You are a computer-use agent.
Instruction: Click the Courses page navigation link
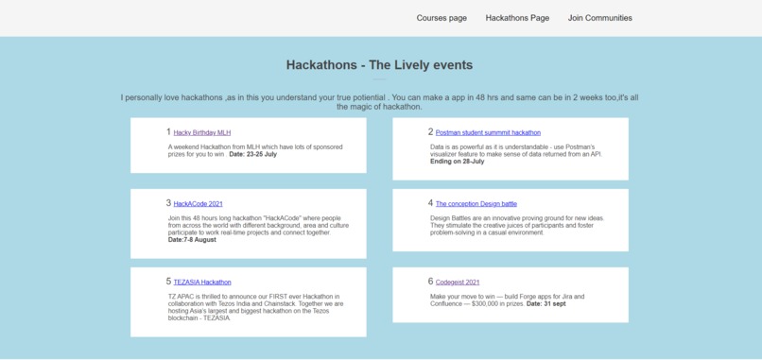tap(442, 18)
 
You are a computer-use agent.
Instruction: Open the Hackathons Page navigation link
tap(517, 18)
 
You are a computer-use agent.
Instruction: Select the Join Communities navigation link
tap(599, 18)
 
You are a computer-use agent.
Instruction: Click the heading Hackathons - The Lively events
tap(379, 65)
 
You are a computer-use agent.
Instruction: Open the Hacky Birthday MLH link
tap(201, 133)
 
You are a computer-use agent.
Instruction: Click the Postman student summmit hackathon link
tap(488, 133)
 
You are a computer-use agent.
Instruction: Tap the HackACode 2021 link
tap(198, 204)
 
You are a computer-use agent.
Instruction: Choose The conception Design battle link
tap(476, 204)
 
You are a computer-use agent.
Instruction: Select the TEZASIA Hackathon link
tap(201, 283)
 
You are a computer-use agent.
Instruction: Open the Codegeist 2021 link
tap(458, 283)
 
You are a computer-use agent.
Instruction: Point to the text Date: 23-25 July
tap(252, 154)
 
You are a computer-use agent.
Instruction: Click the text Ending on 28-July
tap(457, 162)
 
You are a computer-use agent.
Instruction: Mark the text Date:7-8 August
tap(192, 240)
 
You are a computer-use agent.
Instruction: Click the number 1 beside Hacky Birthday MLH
tap(168, 132)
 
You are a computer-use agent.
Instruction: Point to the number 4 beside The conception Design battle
tap(430, 203)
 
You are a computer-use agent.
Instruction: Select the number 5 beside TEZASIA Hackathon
tap(168, 282)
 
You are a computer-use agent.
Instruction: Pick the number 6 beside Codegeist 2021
tap(430, 282)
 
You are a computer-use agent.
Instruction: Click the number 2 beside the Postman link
tap(430, 132)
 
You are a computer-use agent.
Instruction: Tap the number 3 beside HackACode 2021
tap(168, 203)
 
